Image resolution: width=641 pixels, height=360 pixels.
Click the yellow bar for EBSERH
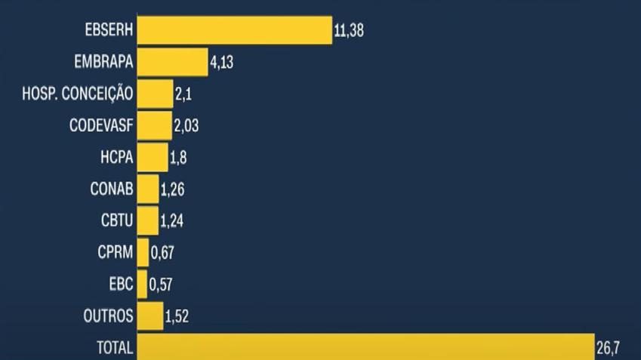coord(234,30)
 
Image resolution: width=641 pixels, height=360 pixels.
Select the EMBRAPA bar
coord(172,62)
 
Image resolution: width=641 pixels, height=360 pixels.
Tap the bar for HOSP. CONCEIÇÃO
coord(155,94)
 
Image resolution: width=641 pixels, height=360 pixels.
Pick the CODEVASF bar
coord(154,125)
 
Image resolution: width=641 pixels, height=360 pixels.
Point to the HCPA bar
coord(153,157)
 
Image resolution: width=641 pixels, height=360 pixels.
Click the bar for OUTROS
coord(150,315)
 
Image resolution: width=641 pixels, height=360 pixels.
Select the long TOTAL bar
coord(366,347)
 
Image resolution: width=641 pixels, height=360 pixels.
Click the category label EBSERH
coord(109,30)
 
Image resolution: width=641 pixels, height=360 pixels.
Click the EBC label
coord(122,284)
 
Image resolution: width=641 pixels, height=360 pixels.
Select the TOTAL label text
coord(115,348)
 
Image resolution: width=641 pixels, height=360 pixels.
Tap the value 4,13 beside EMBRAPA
coord(221,63)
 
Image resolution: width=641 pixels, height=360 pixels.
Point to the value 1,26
coord(172,189)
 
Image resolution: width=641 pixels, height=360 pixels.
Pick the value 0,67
coord(163,253)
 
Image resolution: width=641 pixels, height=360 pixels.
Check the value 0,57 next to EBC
coord(162,285)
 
